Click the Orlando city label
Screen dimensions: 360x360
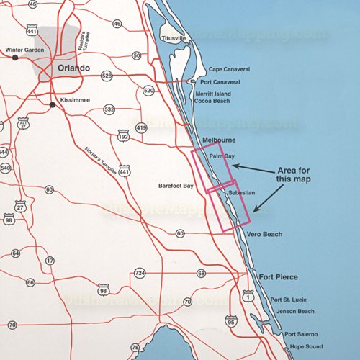[x=73, y=68]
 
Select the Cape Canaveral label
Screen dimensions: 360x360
[x=229, y=69]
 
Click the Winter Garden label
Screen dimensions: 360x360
[x=25, y=50]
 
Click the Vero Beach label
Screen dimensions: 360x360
[x=264, y=235]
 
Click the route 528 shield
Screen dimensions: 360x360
[x=107, y=75]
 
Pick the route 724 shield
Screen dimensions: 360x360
[x=140, y=274]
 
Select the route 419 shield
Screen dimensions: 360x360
[x=141, y=127]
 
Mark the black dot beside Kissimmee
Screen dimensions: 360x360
[x=53, y=105]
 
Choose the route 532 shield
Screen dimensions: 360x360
[x=109, y=109]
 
